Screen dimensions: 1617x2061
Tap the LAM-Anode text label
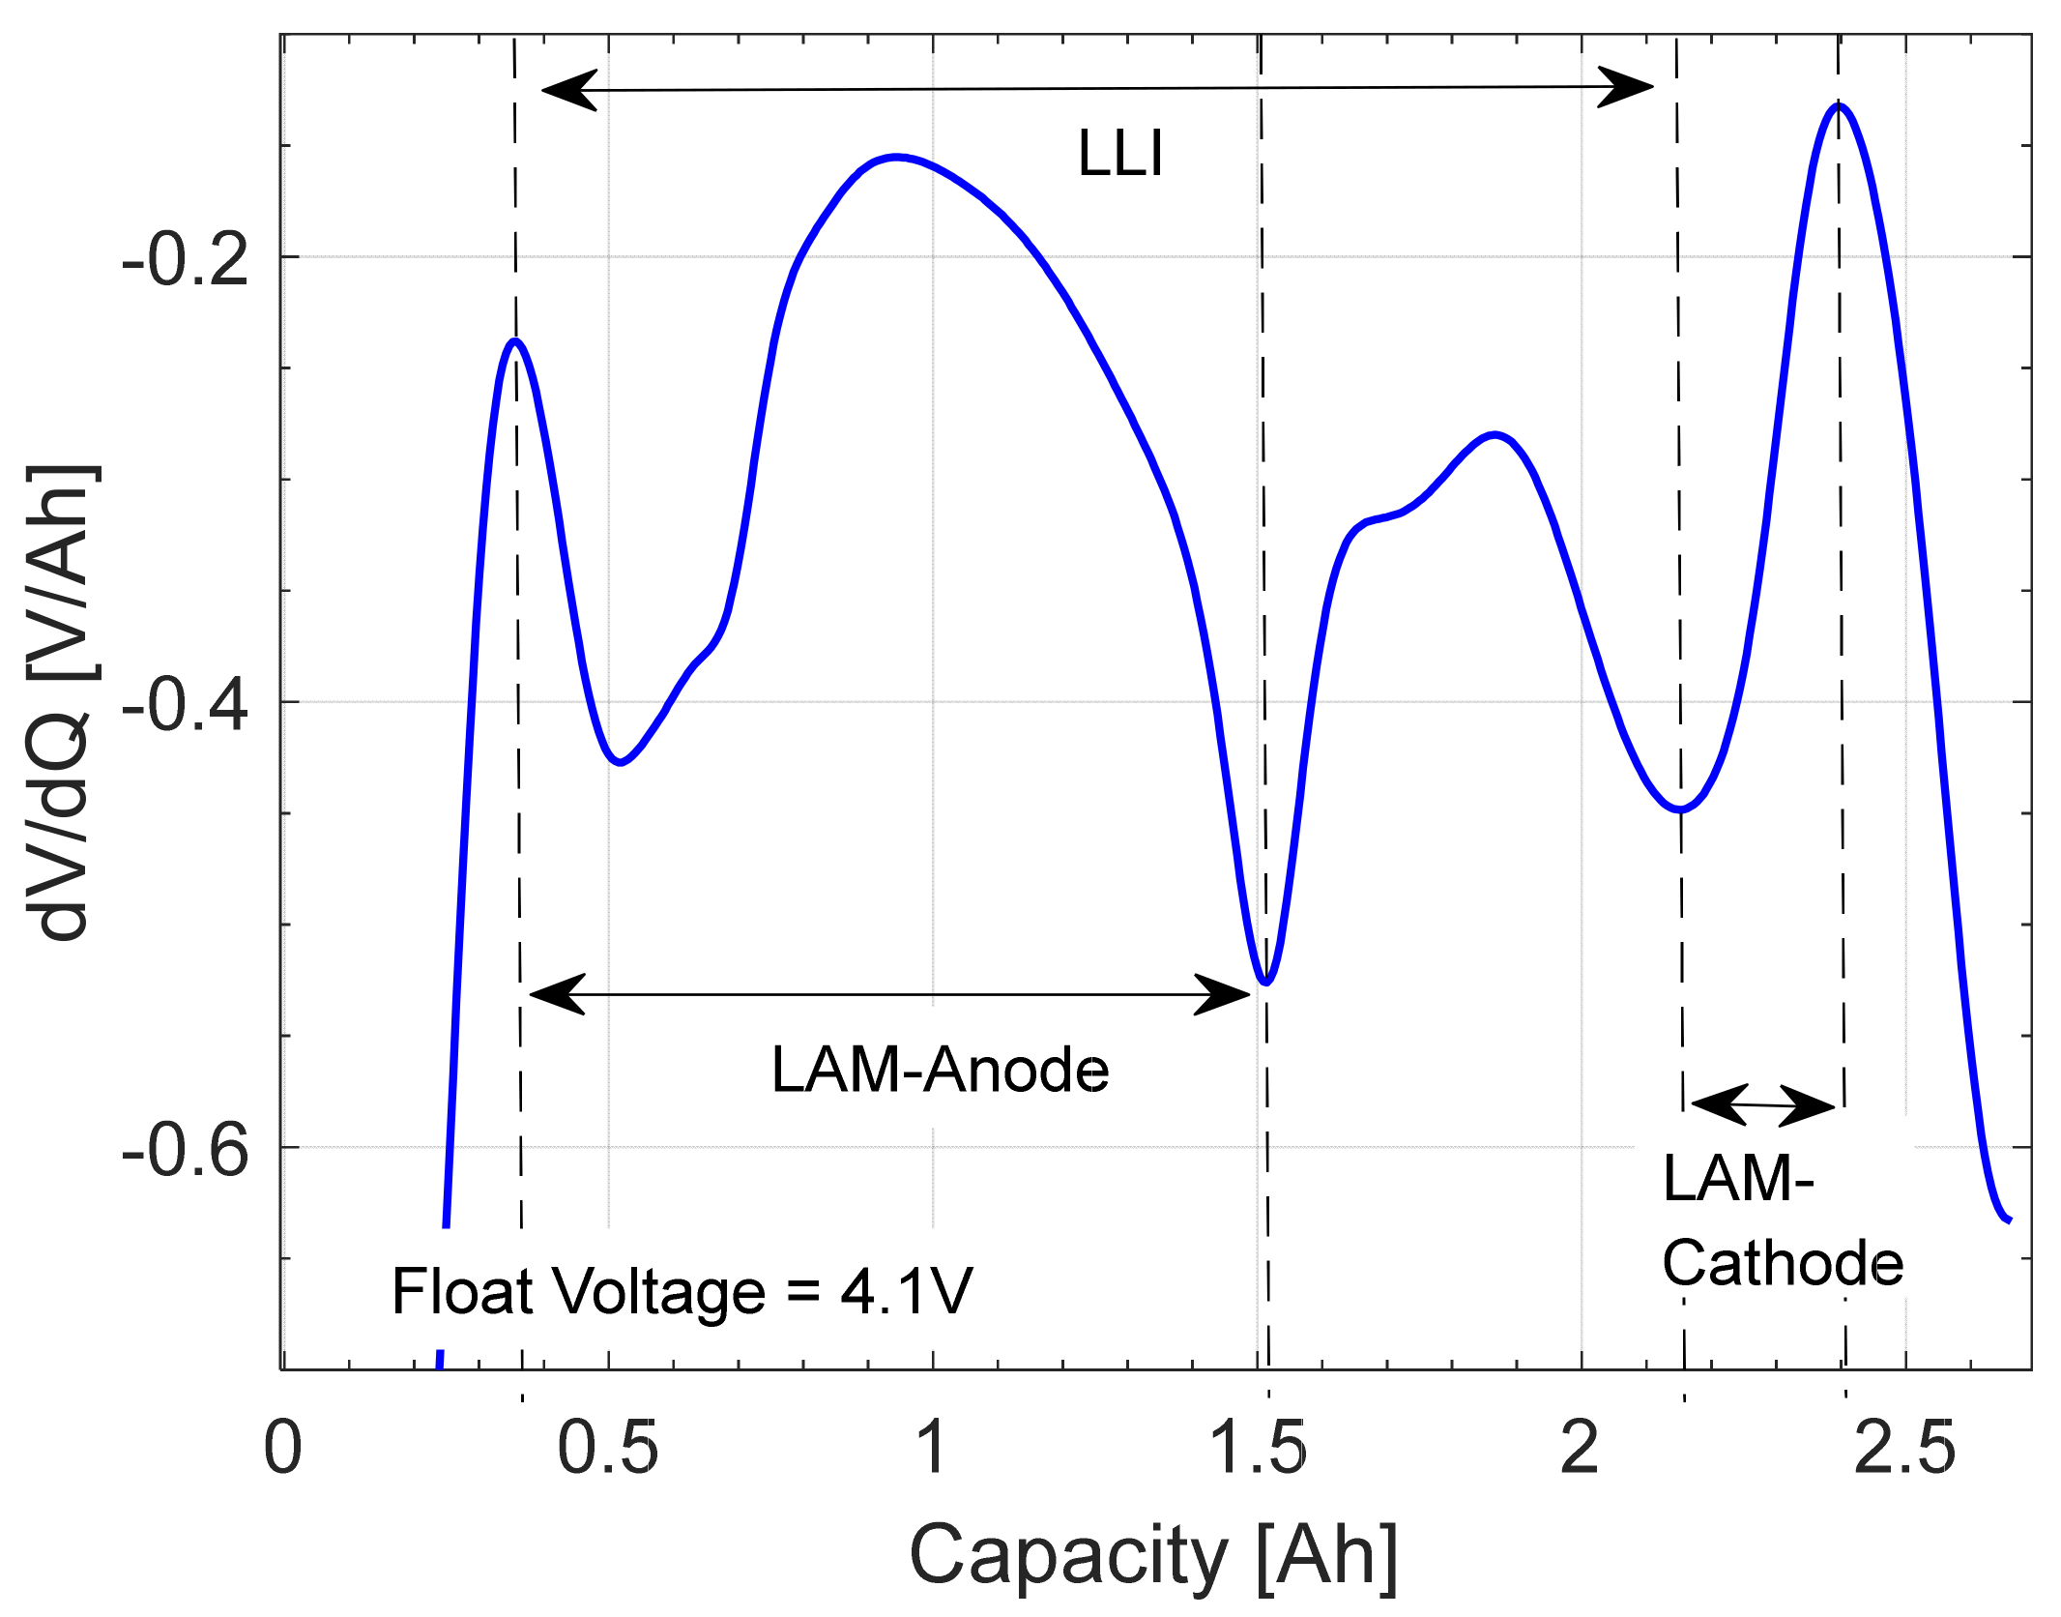(940, 1071)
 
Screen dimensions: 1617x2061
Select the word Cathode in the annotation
(1783, 1264)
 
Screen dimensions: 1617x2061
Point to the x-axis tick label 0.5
(607, 1449)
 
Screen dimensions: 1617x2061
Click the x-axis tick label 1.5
(1258, 1449)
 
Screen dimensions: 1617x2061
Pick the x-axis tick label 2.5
(1904, 1449)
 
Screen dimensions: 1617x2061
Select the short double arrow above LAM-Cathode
(1762, 1104)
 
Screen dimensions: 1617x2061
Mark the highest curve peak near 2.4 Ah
(1838, 105)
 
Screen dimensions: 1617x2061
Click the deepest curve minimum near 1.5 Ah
(1265, 983)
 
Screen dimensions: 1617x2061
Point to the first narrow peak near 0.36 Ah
(516, 340)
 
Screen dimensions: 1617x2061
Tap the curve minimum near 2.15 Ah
(1681, 809)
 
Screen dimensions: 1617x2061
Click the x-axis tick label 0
(282, 1449)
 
